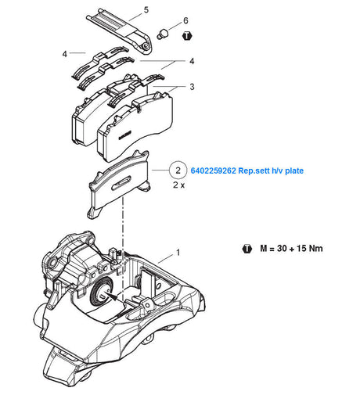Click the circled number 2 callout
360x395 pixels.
178,171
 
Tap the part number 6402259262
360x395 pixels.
213,171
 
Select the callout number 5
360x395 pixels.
146,10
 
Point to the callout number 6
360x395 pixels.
185,20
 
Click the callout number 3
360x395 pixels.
192,87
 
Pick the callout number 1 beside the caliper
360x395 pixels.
178,253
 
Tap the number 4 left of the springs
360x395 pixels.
65,54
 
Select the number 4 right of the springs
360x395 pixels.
192,61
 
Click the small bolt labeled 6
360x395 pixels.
162,34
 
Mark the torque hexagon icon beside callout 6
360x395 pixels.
187,36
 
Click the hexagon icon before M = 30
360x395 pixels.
247,249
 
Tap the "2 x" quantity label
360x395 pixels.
179,185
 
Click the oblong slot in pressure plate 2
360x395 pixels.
121,183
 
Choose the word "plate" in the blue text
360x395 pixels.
294,171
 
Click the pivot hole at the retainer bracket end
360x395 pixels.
146,46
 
